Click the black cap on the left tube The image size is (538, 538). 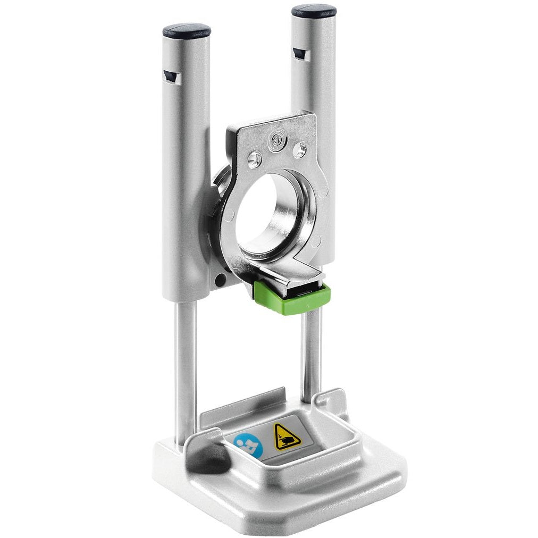pos(186,30)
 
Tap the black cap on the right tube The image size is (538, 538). pos(314,11)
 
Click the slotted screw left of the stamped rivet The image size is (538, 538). pos(255,158)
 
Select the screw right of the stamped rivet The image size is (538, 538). pos(299,150)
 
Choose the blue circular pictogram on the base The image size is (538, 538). pos(249,445)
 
